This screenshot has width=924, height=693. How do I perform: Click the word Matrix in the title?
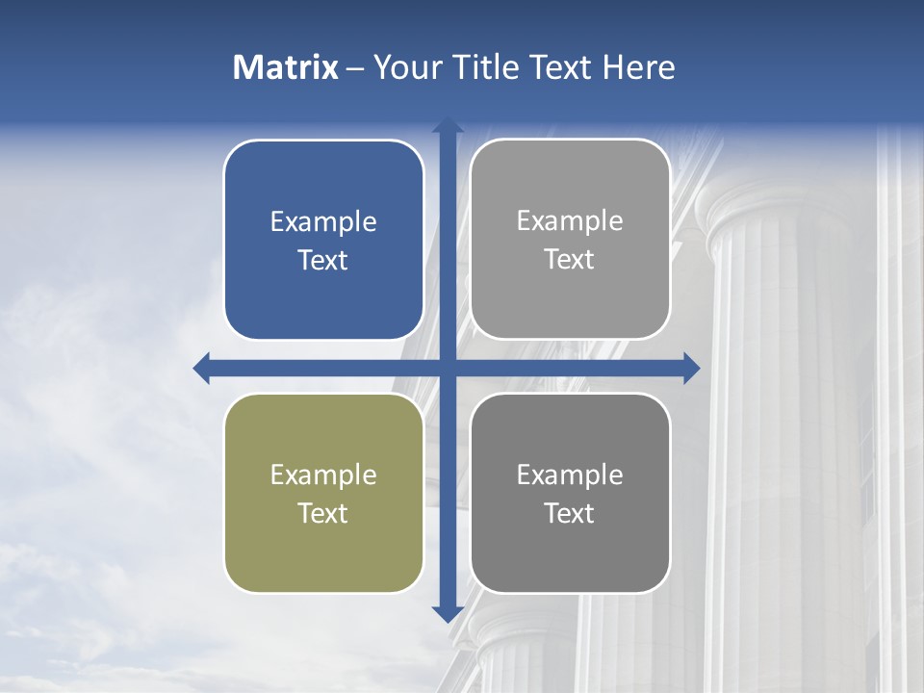(286, 67)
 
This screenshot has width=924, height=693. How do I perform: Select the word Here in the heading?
(639, 67)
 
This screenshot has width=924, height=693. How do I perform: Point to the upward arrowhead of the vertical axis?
(448, 125)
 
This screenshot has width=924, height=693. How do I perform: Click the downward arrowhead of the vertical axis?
(448, 613)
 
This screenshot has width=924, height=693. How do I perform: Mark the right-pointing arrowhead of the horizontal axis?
(690, 368)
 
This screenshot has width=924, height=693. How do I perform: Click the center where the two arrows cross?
(448, 368)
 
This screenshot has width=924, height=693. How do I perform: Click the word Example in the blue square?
(323, 222)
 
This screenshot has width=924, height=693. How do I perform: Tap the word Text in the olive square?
(323, 513)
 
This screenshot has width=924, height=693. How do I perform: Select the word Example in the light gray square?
(570, 221)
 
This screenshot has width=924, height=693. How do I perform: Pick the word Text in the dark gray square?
(570, 513)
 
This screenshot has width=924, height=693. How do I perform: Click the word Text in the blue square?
(323, 260)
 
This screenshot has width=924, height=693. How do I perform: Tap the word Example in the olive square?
(323, 475)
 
